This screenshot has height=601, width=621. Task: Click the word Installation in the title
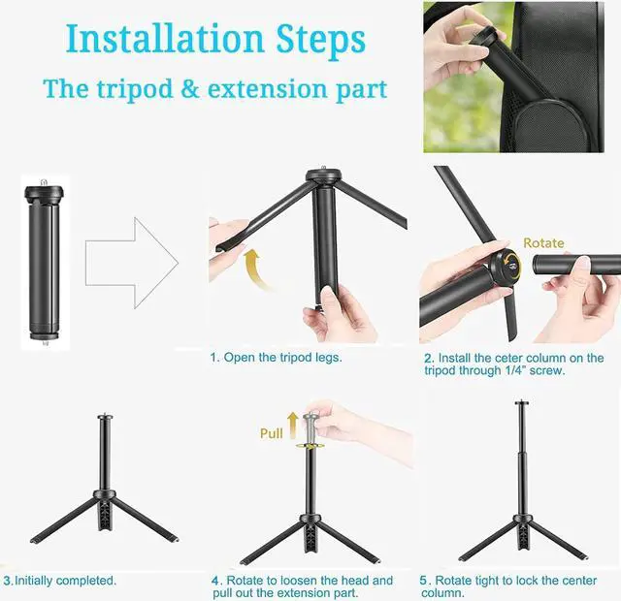165,39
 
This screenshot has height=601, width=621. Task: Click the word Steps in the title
321,41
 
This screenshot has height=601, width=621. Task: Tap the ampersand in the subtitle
190,88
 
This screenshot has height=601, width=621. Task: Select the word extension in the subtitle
268,88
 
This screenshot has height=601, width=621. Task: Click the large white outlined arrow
132,263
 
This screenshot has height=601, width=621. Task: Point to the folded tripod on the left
44,263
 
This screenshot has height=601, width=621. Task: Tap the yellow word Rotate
543,242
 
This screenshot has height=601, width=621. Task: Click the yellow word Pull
272,433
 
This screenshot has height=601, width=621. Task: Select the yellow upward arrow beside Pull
293,425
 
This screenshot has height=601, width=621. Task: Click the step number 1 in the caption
213,358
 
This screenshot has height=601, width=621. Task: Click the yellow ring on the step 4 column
310,446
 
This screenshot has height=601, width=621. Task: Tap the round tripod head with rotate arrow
505,268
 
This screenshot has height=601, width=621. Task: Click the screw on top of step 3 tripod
105,416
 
